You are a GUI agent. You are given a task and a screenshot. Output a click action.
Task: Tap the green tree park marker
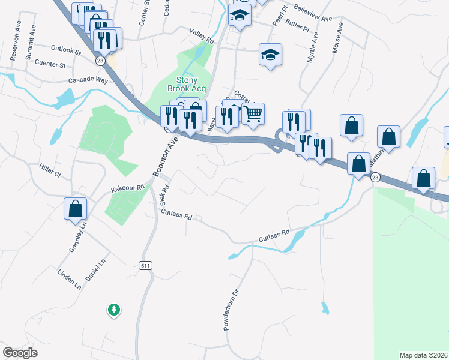pyautogui.click(x=113, y=310)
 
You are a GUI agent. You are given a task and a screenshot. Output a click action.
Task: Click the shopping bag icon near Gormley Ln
pyautogui.click(x=76, y=208)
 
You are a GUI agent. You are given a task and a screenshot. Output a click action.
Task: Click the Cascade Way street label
pyautogui.click(x=88, y=80)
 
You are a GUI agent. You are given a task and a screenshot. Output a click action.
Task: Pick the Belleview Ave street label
pyautogui.click(x=313, y=14)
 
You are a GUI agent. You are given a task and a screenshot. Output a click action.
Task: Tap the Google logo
pyautogui.click(x=20, y=353)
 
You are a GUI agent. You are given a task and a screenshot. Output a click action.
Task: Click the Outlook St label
pyautogui.click(x=66, y=50)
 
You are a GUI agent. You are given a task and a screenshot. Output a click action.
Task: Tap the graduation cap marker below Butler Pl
pyautogui.click(x=270, y=55)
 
